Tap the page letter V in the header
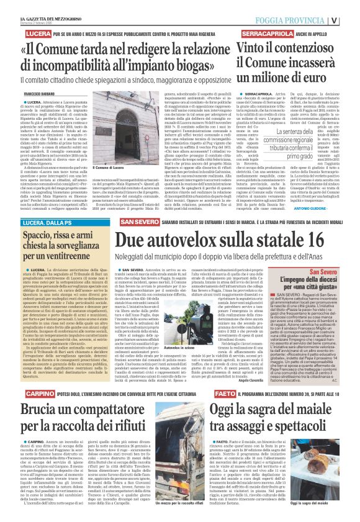(x=351, y=17)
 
